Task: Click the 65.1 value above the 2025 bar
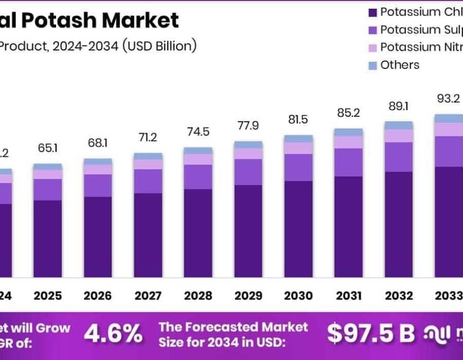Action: [x=48, y=149]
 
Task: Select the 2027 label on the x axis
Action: [x=148, y=296]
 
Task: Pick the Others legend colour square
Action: [x=372, y=65]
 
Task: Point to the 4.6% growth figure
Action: [x=113, y=334]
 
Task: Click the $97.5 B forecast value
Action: [x=371, y=334]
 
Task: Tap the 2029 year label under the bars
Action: [x=248, y=296]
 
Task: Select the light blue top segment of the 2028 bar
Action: [x=198, y=151]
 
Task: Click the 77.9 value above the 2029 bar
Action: [x=248, y=125]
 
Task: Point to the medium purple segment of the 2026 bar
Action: [x=98, y=185]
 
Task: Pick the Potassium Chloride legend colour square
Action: [x=372, y=12]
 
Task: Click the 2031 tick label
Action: [x=349, y=296]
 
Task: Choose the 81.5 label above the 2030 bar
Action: [x=298, y=119]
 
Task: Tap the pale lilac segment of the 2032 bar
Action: [x=399, y=136]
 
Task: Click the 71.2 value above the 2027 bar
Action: [x=148, y=137]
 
